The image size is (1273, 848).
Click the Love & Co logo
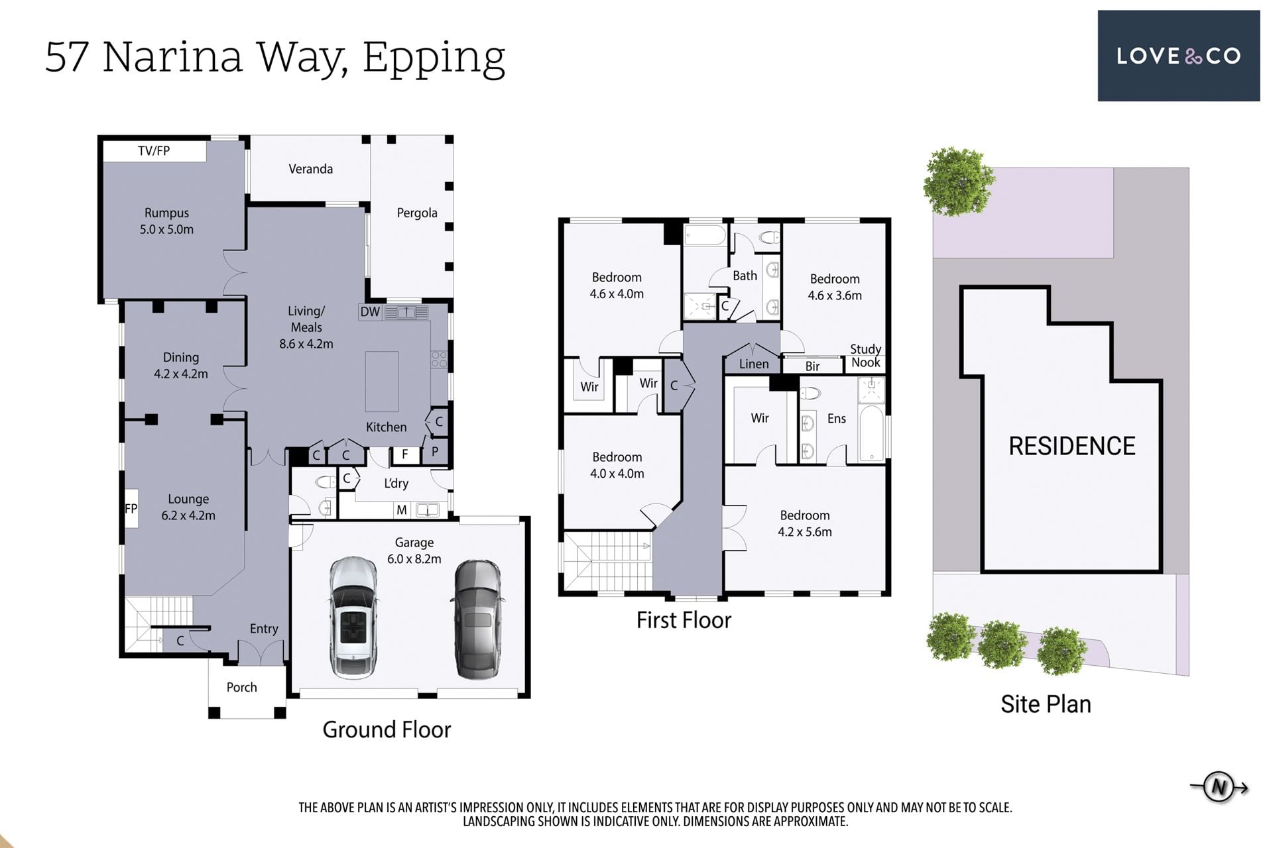click(1178, 56)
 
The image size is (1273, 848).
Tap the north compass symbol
click(1219, 787)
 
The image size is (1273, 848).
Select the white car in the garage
click(353, 617)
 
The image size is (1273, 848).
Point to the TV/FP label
click(154, 151)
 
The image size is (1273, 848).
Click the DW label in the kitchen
click(370, 312)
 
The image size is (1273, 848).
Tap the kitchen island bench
click(382, 382)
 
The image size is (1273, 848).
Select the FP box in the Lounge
click(131, 509)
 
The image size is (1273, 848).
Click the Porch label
click(241, 687)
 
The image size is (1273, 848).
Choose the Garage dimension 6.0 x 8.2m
click(414, 559)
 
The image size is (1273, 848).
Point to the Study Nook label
click(866, 356)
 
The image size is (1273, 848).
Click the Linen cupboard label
click(754, 364)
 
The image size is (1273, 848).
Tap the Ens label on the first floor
click(837, 418)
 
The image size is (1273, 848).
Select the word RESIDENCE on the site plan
click(1072, 446)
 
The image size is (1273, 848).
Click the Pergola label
click(417, 213)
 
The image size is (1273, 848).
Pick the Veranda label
click(311, 169)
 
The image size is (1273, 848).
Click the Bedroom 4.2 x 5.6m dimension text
click(805, 532)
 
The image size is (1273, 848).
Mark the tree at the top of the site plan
click(959, 182)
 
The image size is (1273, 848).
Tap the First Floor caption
click(684, 620)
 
